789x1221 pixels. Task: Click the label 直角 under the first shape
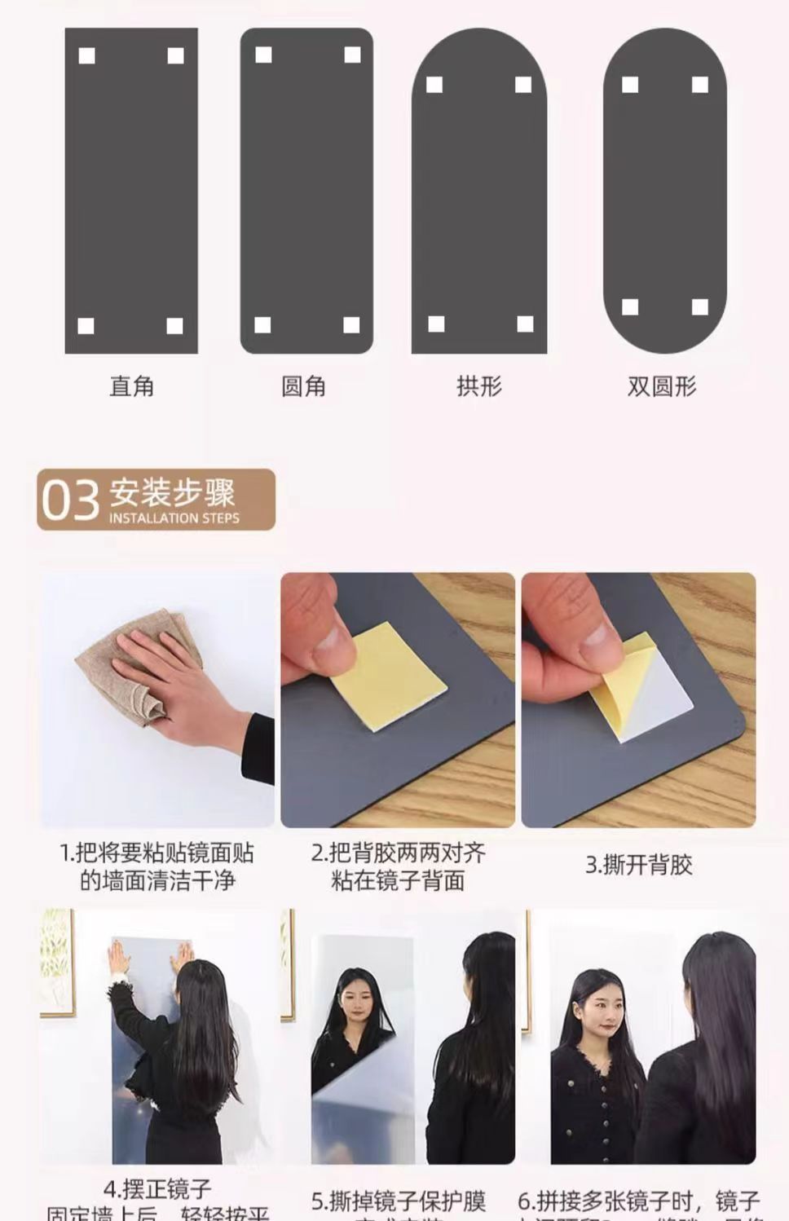coord(131,386)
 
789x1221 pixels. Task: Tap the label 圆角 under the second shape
coord(303,386)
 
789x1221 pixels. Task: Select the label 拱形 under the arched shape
coord(478,386)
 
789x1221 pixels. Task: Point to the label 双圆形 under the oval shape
coord(661,386)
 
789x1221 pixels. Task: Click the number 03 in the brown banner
coord(70,500)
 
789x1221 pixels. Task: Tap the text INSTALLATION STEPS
coord(174,518)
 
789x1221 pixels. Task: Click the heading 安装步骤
coord(172,492)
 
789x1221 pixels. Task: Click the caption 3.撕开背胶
coord(638,865)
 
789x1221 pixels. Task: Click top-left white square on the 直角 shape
coord(86,55)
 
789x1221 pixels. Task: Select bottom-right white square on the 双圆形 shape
coord(699,306)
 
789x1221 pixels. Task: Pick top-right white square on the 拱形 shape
coord(523,85)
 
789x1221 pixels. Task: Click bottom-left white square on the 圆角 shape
coord(262,325)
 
